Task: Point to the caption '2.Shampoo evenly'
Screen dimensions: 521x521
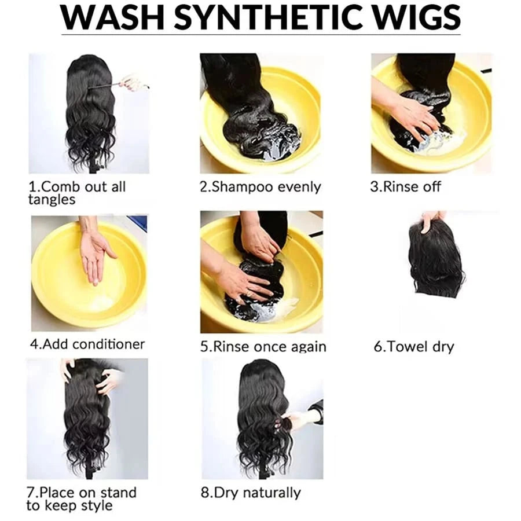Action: tap(260, 187)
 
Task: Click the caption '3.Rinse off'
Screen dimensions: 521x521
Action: tap(405, 187)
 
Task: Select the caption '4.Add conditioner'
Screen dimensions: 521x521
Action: tap(87, 344)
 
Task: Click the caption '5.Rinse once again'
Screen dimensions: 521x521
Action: tap(263, 347)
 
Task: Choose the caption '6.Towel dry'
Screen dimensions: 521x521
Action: tap(414, 347)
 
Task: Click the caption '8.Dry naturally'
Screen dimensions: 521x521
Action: tap(251, 493)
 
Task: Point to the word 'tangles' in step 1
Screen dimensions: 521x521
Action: tap(52, 200)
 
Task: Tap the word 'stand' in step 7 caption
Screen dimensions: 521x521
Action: tap(118, 493)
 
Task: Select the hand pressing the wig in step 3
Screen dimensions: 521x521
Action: tap(409, 114)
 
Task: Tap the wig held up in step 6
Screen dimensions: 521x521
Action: tap(435, 259)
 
